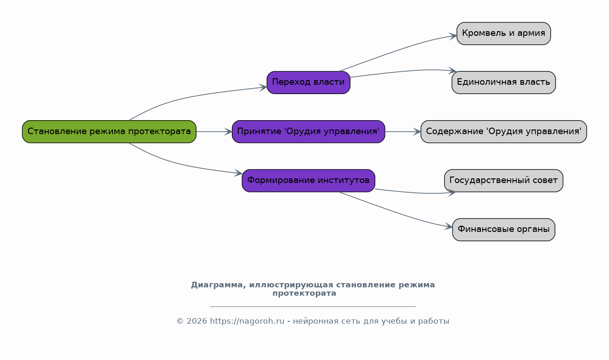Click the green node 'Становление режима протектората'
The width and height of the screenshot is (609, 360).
pyautogui.click(x=109, y=132)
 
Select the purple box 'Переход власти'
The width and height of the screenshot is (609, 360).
pyautogui.click(x=308, y=82)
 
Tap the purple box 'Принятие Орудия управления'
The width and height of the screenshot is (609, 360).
pyautogui.click(x=308, y=132)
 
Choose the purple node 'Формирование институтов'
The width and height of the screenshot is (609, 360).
pyautogui.click(x=308, y=181)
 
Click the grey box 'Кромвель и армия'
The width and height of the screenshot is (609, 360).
pyautogui.click(x=503, y=34)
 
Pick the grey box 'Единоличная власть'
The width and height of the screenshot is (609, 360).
pyautogui.click(x=503, y=82)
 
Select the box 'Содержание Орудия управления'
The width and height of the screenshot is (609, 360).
pyautogui.click(x=503, y=132)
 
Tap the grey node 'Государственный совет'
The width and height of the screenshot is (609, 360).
pyautogui.click(x=503, y=181)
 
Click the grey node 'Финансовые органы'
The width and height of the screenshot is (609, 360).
pyautogui.click(x=503, y=230)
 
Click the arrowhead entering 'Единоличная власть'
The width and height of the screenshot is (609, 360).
pyautogui.click(x=453, y=71)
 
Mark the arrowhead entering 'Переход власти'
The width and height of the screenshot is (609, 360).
pyautogui.click(x=263, y=88)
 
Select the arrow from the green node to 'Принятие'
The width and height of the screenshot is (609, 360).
pyautogui.click(x=214, y=132)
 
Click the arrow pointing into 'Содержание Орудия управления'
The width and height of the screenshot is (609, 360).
pyautogui.click(x=403, y=132)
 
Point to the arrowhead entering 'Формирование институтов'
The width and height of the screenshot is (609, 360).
pyautogui.click(x=238, y=173)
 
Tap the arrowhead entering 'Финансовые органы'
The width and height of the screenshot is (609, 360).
pyautogui.click(x=449, y=226)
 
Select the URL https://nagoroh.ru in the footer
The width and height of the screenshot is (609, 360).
pyautogui.click(x=247, y=321)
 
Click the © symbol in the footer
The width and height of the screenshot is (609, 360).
pyautogui.click(x=180, y=321)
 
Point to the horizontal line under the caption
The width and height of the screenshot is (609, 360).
pyautogui.click(x=313, y=306)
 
